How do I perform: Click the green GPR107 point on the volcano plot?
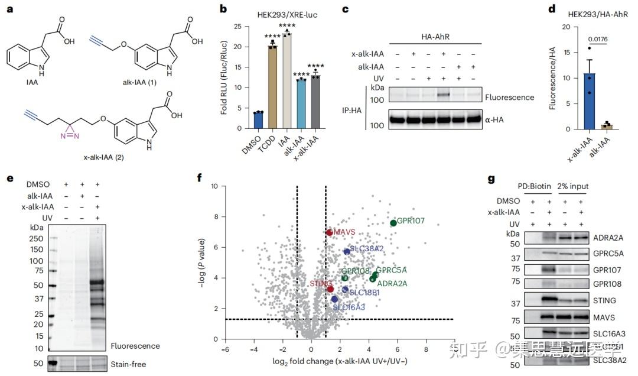pyautogui.click(x=393, y=223)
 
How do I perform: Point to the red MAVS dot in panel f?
pyautogui.click(x=330, y=232)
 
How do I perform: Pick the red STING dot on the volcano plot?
pyautogui.click(x=330, y=289)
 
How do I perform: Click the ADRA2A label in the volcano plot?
pyautogui.click(x=392, y=284)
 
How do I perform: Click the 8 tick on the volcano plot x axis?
pyautogui.click(x=426, y=349)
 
